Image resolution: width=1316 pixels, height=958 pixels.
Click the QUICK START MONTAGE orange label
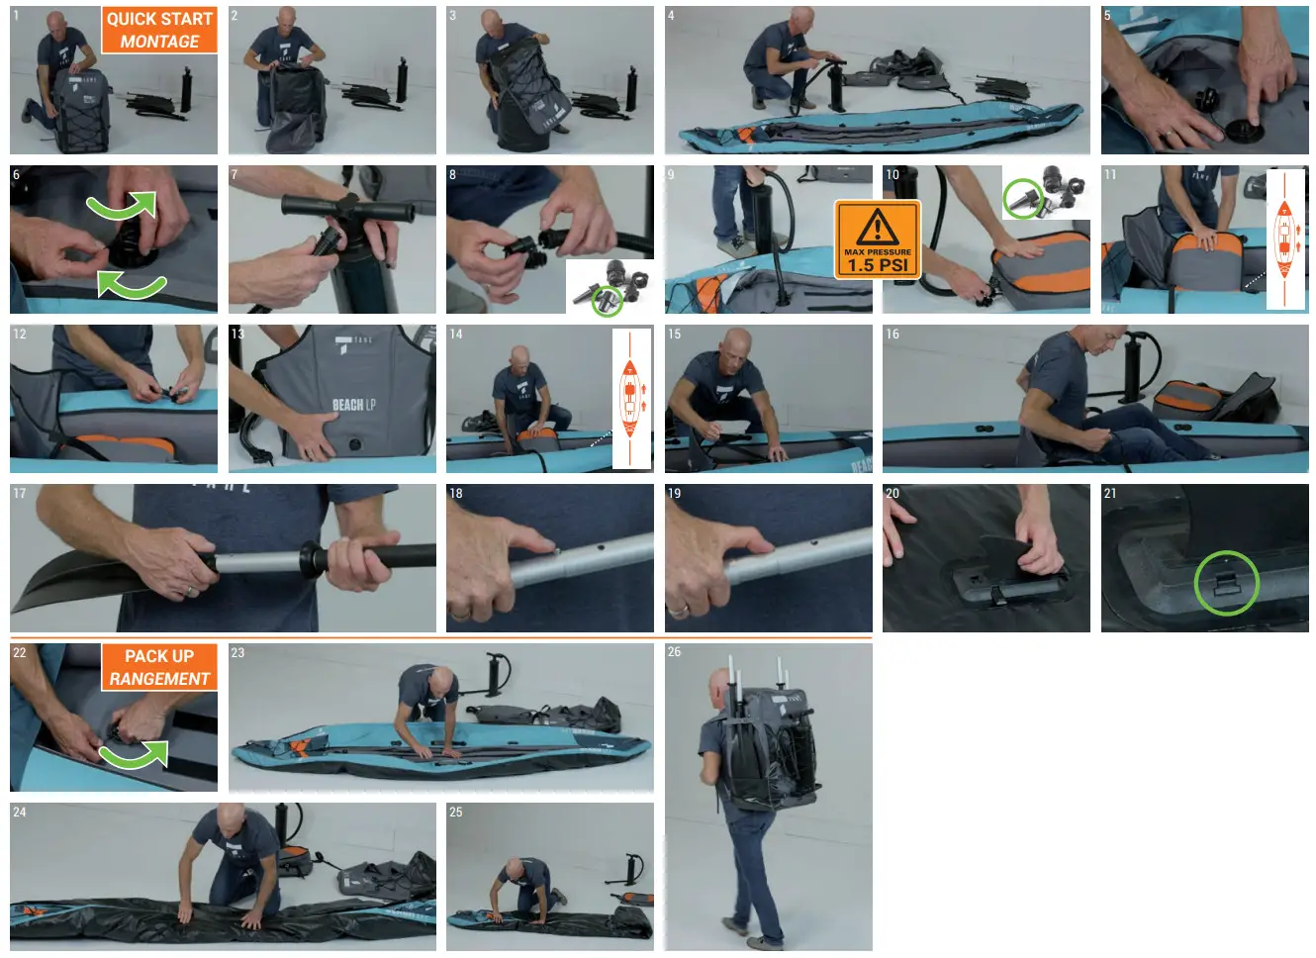(x=159, y=31)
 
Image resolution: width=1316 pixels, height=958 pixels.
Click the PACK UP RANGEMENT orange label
(x=159, y=667)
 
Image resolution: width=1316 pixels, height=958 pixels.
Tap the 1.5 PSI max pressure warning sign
(x=877, y=239)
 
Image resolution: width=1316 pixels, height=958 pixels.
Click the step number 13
(x=237, y=334)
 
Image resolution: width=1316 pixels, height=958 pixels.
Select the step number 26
(x=674, y=651)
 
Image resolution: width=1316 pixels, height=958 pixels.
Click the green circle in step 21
(x=1226, y=582)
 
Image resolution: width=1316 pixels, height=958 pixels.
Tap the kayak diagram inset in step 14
(x=630, y=399)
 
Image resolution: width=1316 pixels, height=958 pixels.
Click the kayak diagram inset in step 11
(x=1284, y=239)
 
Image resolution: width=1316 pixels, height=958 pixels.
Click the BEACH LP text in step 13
(x=353, y=405)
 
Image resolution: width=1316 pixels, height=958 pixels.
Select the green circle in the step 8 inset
(x=606, y=300)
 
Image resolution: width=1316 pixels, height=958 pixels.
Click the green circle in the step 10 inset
(x=1022, y=198)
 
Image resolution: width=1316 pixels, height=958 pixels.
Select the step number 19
(x=674, y=493)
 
